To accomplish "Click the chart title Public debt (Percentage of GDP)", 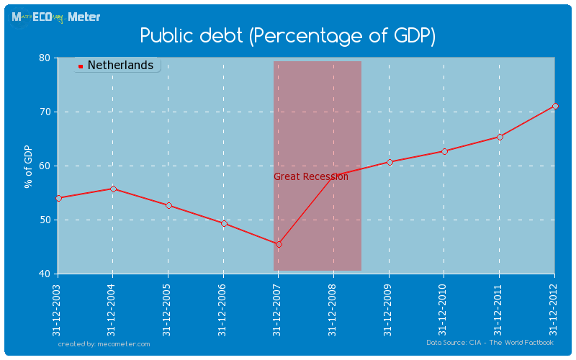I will point(288,35).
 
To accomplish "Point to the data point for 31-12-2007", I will point(279,244).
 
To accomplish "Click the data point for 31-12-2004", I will point(113,189).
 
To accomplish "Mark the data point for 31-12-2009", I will point(390,162).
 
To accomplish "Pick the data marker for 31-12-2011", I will point(500,137).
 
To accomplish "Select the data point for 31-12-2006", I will point(224,223).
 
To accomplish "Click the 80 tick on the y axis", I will point(44,58).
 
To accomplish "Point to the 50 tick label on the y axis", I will point(44,220).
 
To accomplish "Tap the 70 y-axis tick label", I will point(44,112).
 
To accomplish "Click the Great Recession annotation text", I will point(310,176).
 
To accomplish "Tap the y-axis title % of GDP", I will point(29,166).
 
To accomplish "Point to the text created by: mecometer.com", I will point(104,344).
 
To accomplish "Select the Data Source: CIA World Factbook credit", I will point(490,343).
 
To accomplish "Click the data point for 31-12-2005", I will point(168,205).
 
